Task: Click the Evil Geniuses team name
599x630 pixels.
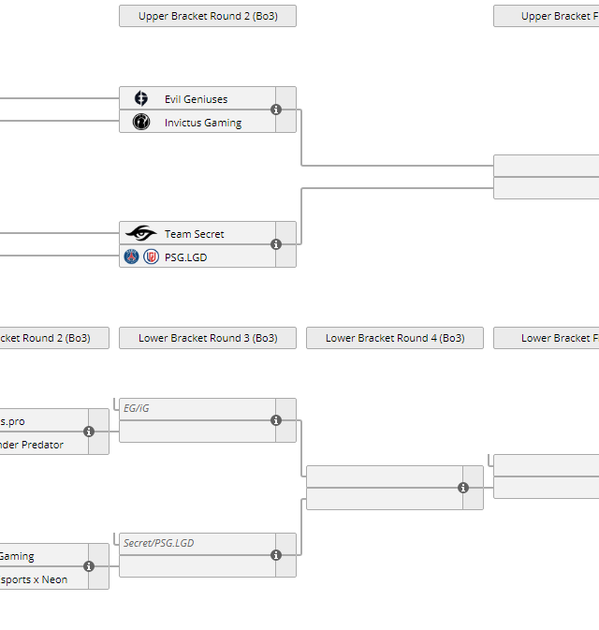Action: tap(196, 99)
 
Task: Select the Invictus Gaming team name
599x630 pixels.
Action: tap(202, 123)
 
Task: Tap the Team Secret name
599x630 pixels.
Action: tap(194, 234)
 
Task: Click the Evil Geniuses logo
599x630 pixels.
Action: tap(141, 99)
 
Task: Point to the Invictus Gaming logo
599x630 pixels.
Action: tap(141, 123)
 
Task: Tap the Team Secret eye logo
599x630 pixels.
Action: tap(140, 234)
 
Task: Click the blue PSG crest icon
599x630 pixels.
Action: tap(132, 256)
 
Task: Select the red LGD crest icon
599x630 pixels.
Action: tap(151, 256)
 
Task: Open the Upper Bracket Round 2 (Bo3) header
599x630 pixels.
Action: tap(207, 16)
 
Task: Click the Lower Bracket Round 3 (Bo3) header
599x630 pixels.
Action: tap(207, 338)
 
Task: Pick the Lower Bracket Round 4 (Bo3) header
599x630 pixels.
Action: tap(394, 338)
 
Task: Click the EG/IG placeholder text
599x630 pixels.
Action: tap(137, 408)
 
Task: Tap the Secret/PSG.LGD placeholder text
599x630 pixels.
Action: tap(159, 543)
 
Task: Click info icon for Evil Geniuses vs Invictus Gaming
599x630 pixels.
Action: tap(276, 110)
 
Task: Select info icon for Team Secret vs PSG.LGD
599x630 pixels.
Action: tap(276, 244)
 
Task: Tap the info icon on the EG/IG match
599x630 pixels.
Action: tap(276, 420)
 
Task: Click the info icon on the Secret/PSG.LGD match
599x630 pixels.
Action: tap(276, 555)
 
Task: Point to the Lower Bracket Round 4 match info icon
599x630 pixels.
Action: tap(463, 488)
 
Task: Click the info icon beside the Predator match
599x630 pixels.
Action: tap(89, 432)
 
